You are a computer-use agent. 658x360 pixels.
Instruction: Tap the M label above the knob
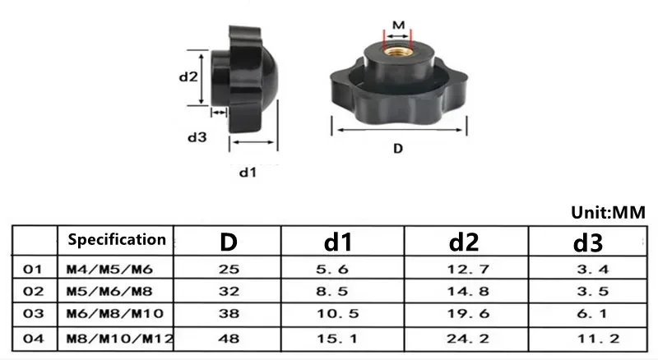coord(398,25)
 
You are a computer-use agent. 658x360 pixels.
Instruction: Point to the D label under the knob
coord(398,149)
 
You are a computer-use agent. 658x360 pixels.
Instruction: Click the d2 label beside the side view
coord(188,76)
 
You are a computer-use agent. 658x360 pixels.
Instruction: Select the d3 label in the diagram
coord(197,137)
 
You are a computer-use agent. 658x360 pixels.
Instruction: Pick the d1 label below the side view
coord(248,172)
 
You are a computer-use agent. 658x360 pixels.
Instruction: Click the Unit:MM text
coord(608,212)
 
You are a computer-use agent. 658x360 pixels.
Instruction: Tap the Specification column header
coord(117,239)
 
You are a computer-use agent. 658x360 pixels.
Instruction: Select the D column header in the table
coord(229,242)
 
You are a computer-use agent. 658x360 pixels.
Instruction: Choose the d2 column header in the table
coord(464,242)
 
